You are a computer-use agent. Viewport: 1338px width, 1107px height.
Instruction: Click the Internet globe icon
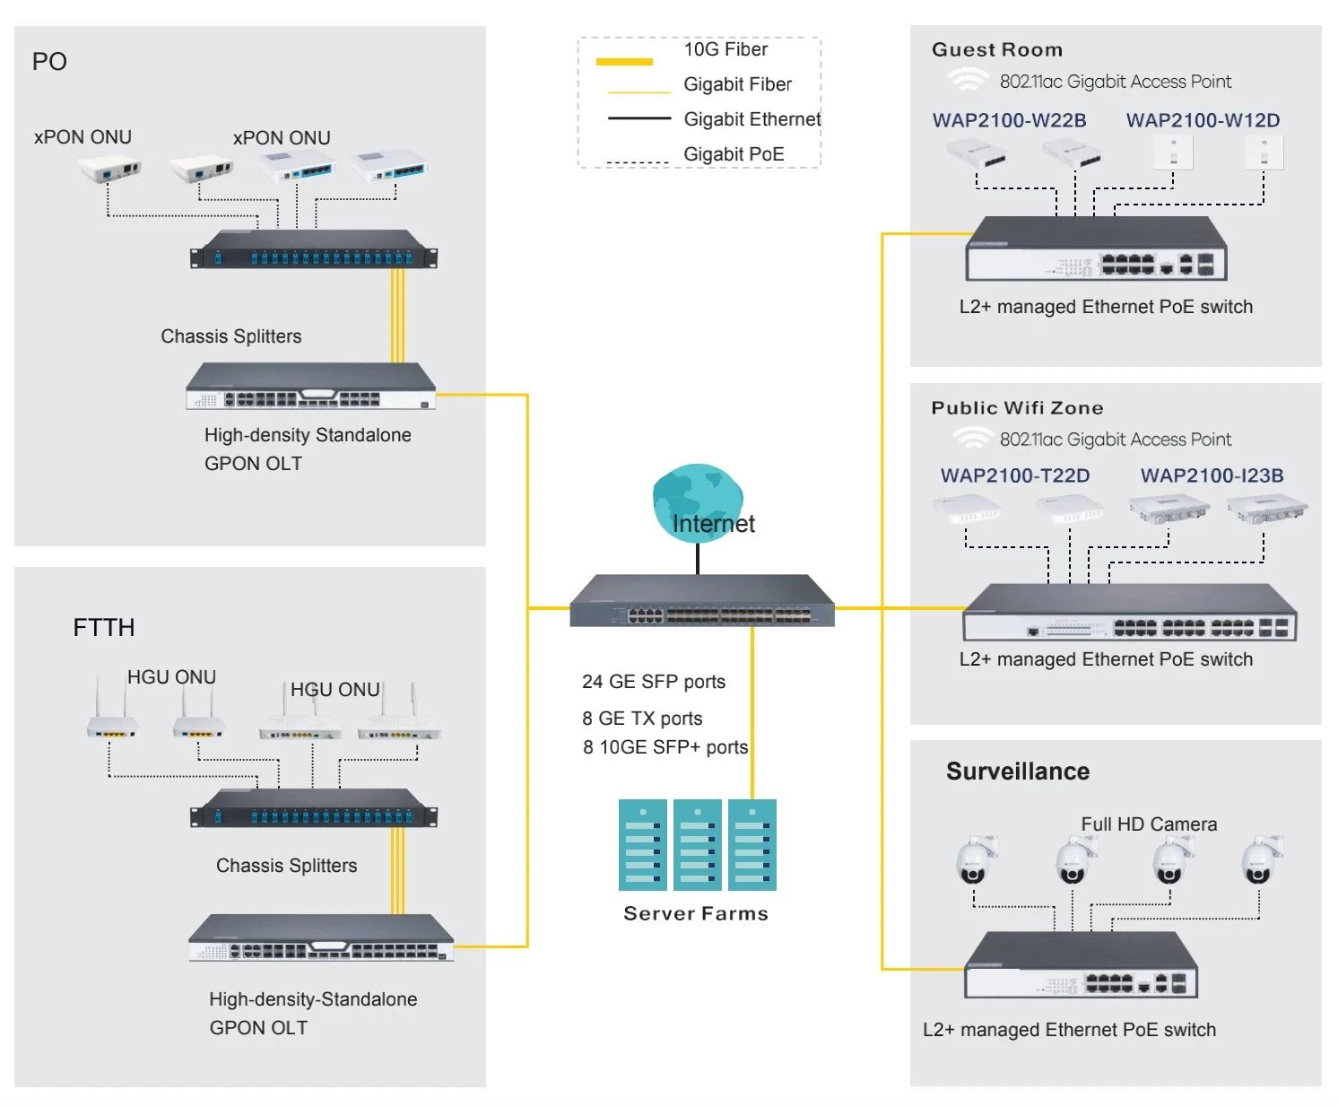point(697,501)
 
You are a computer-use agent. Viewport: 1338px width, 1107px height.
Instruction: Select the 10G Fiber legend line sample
point(623,62)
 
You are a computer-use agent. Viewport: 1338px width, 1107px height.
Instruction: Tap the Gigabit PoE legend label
point(733,153)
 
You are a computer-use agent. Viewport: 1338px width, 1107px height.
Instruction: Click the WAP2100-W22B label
point(1008,120)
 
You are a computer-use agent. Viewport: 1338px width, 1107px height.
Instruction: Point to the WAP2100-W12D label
point(1202,120)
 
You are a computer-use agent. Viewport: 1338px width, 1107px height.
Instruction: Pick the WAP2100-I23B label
point(1211,475)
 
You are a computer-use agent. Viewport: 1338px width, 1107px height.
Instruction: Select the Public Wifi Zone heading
point(1016,407)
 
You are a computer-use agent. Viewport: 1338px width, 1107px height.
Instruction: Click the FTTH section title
point(104,627)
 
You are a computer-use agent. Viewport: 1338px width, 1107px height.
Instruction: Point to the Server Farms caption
point(695,912)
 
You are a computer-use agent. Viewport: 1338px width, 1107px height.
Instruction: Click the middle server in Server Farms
point(697,843)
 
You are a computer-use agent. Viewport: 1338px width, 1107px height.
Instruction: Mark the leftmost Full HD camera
point(976,859)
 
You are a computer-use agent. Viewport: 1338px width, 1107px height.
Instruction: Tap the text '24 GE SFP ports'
point(653,682)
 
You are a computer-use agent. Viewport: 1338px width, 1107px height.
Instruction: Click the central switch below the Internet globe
point(701,600)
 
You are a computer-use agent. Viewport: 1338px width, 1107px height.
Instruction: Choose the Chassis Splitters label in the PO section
point(230,336)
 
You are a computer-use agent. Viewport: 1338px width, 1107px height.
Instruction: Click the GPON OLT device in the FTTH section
point(320,937)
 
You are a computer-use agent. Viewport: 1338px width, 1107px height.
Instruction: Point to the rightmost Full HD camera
point(1261,859)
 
